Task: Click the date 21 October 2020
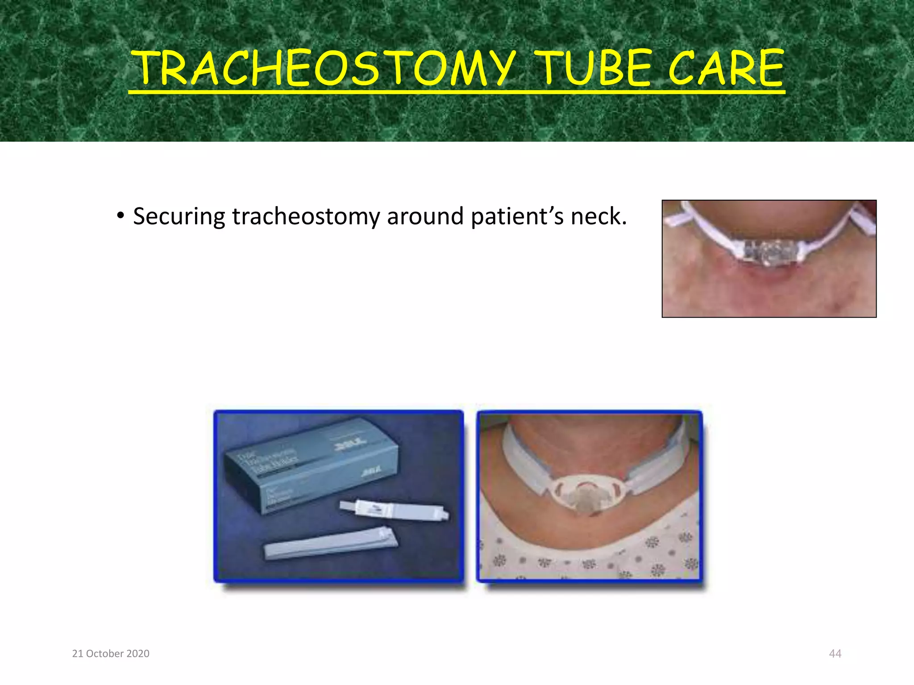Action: point(111,653)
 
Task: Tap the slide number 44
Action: point(835,653)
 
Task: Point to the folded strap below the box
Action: point(330,543)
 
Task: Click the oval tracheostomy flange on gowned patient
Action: point(589,493)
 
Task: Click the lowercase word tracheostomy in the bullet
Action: point(306,217)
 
